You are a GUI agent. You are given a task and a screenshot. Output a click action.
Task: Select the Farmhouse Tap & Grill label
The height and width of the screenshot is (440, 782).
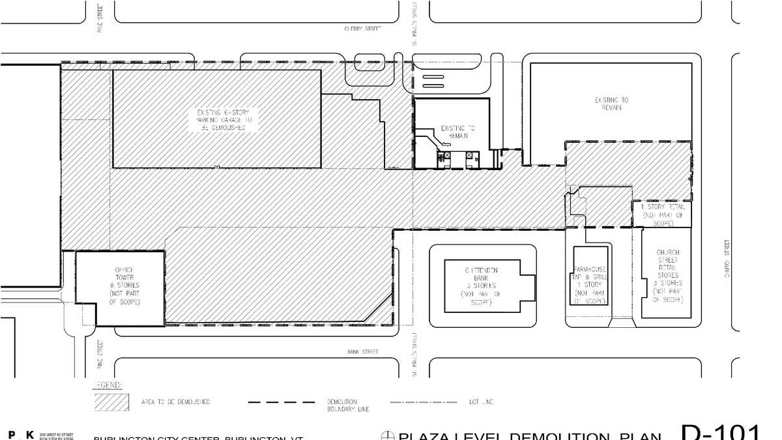pos(590,285)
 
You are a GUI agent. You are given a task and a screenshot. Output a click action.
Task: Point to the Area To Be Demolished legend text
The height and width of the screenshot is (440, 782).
pos(175,402)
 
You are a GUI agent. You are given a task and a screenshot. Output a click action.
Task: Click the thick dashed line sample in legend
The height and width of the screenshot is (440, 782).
pos(282,402)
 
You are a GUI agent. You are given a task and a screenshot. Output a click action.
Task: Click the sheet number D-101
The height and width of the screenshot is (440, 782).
pos(721,432)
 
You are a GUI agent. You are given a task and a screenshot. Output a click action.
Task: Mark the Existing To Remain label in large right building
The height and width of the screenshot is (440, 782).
pos(611,104)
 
